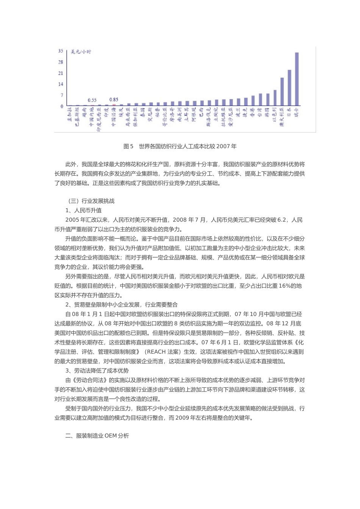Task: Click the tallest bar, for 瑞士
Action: point(297,79)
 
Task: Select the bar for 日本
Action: point(290,87)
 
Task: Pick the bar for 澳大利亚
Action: point(282,92)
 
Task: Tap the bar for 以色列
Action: point(275,98)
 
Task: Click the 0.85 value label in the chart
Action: point(114,100)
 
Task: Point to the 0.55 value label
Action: point(92,100)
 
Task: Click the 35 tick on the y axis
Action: point(61,51)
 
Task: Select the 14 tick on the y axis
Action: point(61,84)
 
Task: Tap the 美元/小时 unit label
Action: point(81,52)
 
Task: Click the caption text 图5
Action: point(128,146)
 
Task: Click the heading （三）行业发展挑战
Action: point(90,201)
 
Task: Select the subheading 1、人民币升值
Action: point(83,211)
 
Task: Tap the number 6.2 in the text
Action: point(282,220)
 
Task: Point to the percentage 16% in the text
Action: point(285,286)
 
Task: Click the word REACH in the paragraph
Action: point(157,352)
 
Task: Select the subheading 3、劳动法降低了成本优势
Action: point(97,371)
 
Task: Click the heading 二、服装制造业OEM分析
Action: point(97,436)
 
